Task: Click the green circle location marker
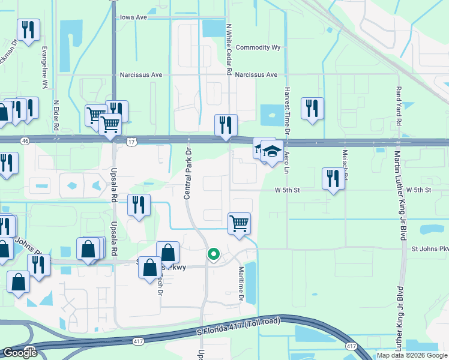point(213,255)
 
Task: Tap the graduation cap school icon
point(272,152)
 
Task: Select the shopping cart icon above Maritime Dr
point(239,223)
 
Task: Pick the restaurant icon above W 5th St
point(333,178)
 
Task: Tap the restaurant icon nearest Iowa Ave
point(28,29)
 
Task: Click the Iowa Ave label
point(133,17)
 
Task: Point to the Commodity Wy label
point(258,47)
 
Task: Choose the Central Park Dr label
point(187,172)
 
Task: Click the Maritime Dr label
point(241,284)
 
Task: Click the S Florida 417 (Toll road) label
point(238,327)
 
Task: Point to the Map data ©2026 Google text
point(412,355)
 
